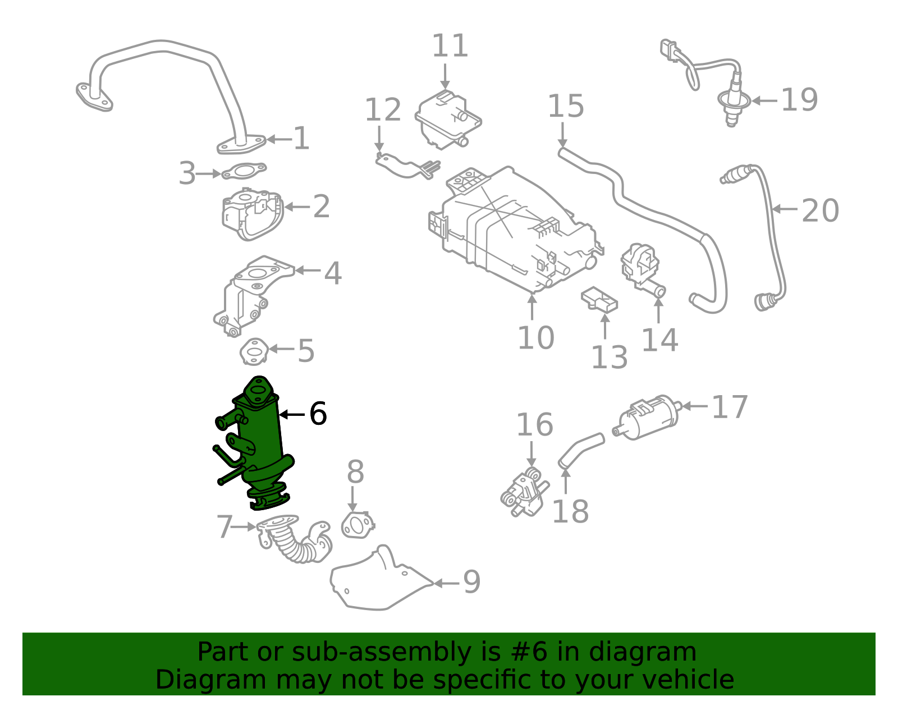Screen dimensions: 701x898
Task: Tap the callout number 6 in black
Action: click(x=318, y=414)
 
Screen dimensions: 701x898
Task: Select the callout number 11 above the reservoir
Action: click(x=450, y=46)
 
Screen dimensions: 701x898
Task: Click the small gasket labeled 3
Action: click(x=244, y=171)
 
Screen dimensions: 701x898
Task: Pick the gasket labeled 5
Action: click(x=254, y=351)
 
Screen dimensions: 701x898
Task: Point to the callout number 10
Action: click(x=535, y=338)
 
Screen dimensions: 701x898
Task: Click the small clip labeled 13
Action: click(x=599, y=299)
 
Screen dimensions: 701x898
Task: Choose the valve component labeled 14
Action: click(x=642, y=267)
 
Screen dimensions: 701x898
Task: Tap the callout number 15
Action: click(x=566, y=106)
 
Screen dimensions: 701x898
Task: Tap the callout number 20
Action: click(x=820, y=211)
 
